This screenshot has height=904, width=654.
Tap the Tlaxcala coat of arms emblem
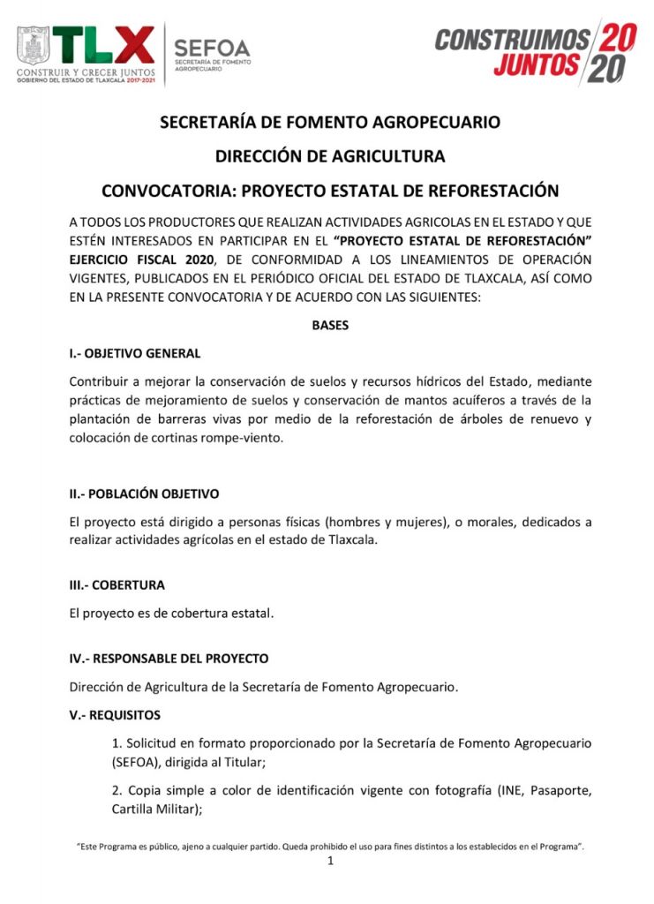[x=34, y=44]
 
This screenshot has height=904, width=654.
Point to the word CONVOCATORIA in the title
[x=168, y=191]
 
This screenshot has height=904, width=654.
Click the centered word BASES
[x=330, y=326]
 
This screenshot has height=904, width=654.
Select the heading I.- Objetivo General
[x=135, y=353]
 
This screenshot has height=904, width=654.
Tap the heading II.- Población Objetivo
[x=145, y=493]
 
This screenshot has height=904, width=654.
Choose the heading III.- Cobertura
[x=117, y=584]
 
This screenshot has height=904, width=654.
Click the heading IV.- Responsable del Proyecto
[x=169, y=659]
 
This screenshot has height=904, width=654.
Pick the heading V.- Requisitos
[x=115, y=714]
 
